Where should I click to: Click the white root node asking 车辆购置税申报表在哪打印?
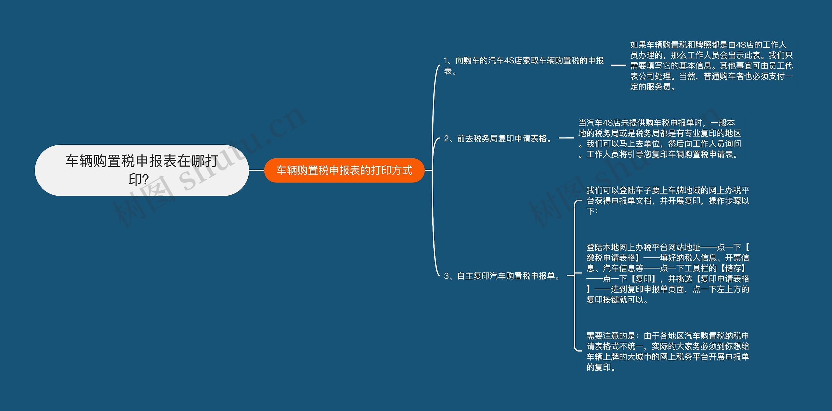142,170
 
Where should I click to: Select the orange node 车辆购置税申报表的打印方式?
344,170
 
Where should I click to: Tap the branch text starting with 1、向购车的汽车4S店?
523,65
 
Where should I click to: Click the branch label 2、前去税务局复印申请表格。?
499,139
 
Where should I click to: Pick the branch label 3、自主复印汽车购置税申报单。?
503,276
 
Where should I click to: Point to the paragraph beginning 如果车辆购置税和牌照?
711,66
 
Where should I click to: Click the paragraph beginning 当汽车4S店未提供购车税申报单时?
660,139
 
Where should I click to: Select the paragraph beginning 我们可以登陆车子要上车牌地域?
668,201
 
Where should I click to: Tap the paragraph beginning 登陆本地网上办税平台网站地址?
668,273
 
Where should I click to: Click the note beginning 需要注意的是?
668,351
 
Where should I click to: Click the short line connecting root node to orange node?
256,170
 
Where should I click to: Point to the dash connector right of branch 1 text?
618,65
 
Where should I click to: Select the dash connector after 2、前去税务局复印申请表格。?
566,138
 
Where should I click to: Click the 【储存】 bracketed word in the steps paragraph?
733,268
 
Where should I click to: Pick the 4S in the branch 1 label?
509,60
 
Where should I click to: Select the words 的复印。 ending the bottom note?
601,367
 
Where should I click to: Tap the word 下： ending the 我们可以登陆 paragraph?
592,211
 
